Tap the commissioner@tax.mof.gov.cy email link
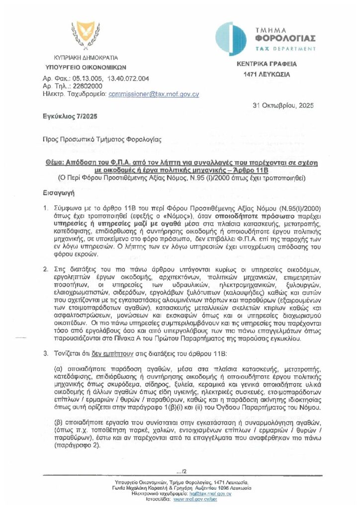click(154, 93)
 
